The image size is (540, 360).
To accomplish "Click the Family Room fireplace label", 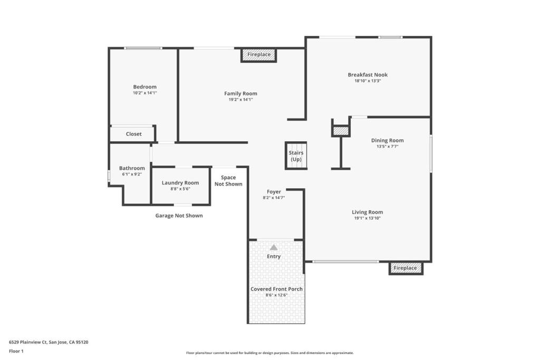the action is pos(258,54).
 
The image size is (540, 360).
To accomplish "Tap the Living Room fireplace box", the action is pos(406,268).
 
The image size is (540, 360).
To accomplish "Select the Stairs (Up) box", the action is pos(296,156).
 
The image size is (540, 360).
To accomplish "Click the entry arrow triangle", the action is pos(274,247).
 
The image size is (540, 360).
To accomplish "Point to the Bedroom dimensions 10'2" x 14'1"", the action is pos(144,93).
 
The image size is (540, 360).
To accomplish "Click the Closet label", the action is pos(133,134).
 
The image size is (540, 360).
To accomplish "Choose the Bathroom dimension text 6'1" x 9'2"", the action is pos(132,174).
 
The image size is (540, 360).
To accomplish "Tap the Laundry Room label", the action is pos(180,183).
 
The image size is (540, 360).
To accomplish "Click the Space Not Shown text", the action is pos(228,181).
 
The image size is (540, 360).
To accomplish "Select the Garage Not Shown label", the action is pos(179,216).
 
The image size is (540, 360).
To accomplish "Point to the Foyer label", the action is pos(274,192).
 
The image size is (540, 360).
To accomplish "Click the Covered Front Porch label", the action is pos(276,289).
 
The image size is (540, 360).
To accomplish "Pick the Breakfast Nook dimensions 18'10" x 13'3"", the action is pos(368,81).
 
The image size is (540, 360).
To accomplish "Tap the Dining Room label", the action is pos(387,140).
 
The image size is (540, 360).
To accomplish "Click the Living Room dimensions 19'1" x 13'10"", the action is pos(367,218).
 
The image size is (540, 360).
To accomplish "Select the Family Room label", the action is pos(240,93).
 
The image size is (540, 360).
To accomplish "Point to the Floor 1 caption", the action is pos(16,351).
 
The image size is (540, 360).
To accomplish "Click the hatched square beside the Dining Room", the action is pos(341,131).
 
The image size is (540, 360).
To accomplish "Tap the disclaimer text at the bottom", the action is pos(269,353).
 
